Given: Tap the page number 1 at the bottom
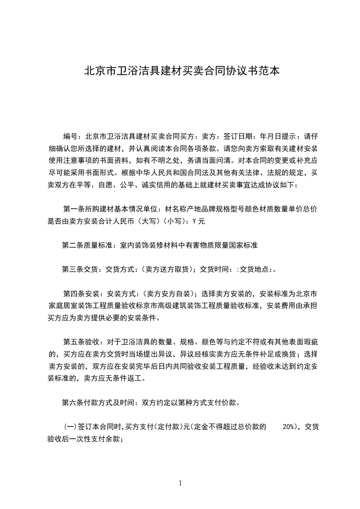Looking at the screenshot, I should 180,483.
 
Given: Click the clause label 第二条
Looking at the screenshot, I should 72,245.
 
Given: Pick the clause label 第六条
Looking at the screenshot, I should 72,402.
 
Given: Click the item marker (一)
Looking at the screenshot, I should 69,427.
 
